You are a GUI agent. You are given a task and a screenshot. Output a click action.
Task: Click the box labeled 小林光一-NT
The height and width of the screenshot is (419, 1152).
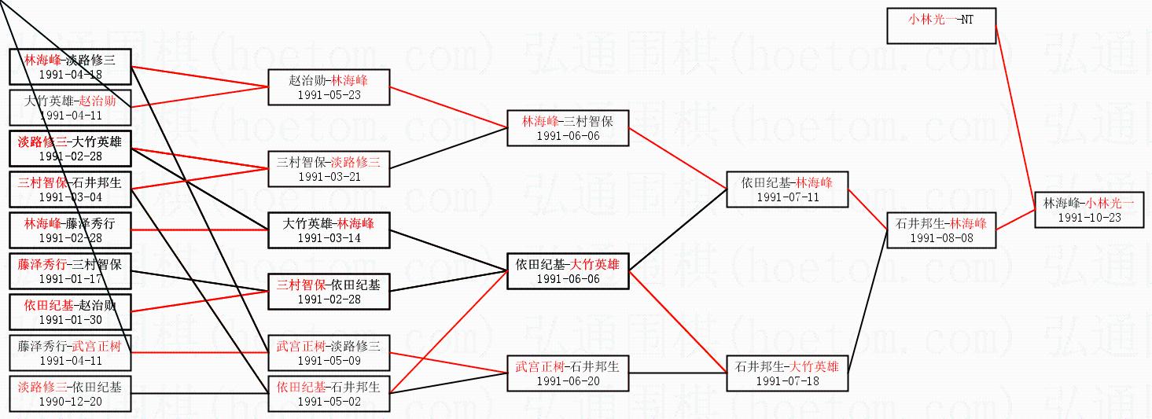941,26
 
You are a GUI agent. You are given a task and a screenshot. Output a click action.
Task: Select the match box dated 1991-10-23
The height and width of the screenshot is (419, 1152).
1088,209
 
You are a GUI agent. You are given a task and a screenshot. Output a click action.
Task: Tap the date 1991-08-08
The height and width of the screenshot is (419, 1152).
941,237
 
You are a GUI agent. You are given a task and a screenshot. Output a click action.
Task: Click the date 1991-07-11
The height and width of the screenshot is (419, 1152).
787,197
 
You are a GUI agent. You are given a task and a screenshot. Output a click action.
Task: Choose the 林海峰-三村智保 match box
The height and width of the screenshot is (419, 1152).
567,127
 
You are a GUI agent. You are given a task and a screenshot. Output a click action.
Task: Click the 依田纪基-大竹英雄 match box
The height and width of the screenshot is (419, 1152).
567,271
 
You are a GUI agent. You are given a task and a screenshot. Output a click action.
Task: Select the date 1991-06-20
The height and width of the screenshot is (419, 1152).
567,380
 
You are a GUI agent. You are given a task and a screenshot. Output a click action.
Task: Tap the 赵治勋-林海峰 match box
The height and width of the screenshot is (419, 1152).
328,86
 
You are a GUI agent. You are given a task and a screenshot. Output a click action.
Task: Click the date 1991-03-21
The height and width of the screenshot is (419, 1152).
328,176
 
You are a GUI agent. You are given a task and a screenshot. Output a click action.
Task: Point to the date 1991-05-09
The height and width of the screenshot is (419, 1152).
328,360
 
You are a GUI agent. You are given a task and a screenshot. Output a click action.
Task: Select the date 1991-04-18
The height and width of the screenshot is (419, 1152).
69,75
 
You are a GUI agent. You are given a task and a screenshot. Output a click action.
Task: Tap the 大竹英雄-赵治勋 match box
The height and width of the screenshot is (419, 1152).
69,108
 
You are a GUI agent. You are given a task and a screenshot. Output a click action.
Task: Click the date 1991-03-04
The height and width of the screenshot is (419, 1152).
69,197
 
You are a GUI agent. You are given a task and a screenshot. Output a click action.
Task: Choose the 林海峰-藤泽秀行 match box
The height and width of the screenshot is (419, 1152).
69,230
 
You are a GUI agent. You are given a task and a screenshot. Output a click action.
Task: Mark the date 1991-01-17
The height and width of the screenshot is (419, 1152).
69,278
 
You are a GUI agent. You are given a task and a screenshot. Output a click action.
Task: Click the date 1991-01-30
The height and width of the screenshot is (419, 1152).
69,319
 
